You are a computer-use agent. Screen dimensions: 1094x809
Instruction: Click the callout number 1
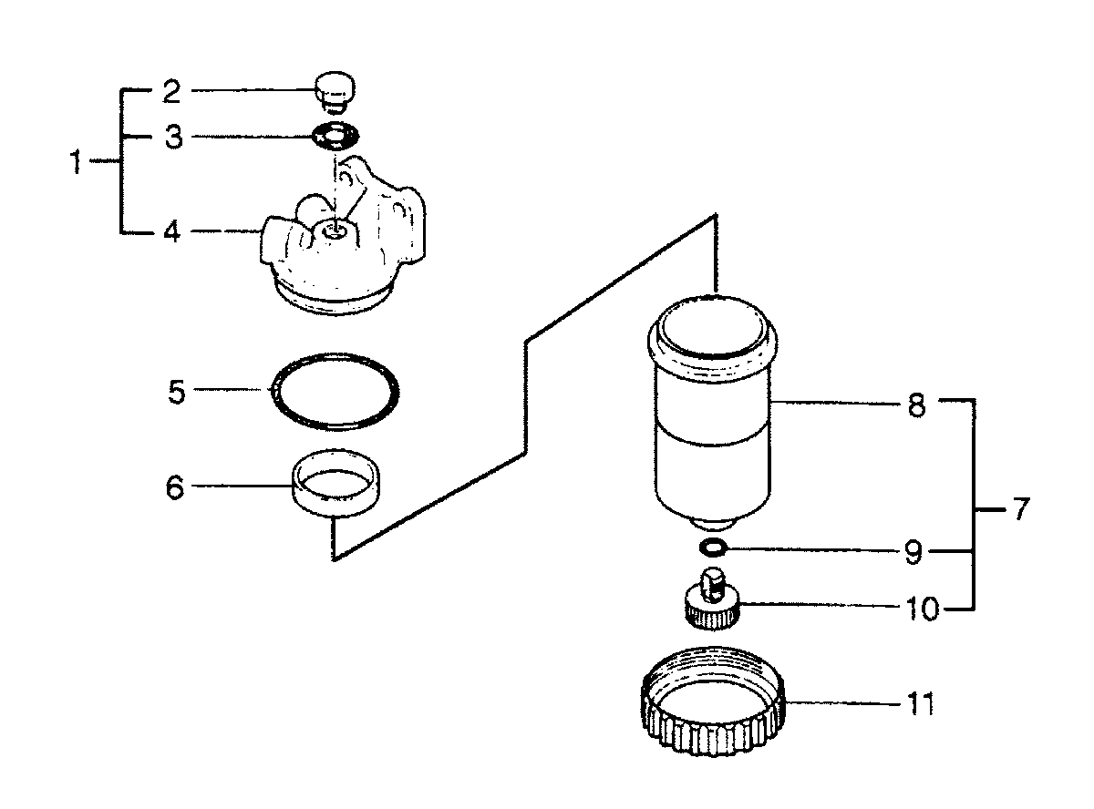pyautogui.click(x=77, y=161)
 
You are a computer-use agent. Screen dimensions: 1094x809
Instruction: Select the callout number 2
pyautogui.click(x=172, y=92)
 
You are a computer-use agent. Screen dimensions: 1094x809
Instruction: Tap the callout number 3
pyautogui.click(x=173, y=137)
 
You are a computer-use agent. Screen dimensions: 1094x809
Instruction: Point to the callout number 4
pyautogui.click(x=172, y=230)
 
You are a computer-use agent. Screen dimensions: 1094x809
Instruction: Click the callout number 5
pyautogui.click(x=177, y=392)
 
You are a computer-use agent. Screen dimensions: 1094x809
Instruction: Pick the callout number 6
pyautogui.click(x=175, y=487)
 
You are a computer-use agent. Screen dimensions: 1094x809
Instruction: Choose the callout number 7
pyautogui.click(x=1021, y=508)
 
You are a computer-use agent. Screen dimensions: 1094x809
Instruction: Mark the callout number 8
pyautogui.click(x=917, y=406)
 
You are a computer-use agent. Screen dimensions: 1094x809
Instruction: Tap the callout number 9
pyautogui.click(x=913, y=552)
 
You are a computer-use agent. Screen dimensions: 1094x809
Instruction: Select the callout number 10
pyautogui.click(x=922, y=609)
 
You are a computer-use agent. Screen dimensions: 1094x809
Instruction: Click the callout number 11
pyautogui.click(x=921, y=703)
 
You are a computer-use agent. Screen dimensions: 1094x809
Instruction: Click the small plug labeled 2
pyautogui.click(x=335, y=93)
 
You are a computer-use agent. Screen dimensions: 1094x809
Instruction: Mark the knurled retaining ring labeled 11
pyautogui.click(x=712, y=740)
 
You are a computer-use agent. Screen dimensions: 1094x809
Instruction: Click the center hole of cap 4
pyautogui.click(x=335, y=230)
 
